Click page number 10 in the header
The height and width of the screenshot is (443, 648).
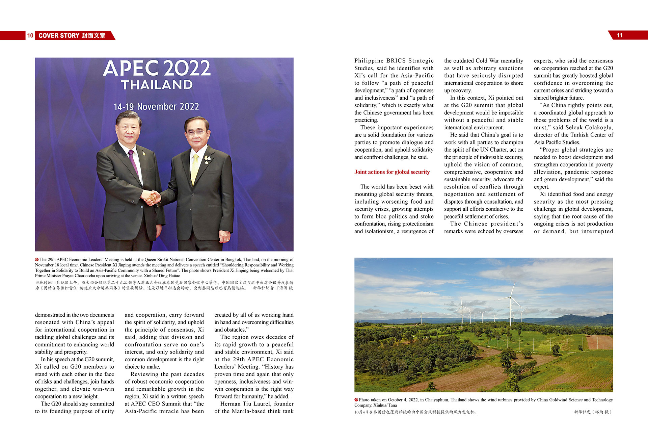30,35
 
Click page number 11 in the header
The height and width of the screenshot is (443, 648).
619,35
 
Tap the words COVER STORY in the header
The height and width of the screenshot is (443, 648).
59,35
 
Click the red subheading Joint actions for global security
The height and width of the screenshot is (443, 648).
392,172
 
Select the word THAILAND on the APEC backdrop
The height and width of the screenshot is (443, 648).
157,84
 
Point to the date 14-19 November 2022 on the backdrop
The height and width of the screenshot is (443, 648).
156,107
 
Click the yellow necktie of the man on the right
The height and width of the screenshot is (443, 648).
195,169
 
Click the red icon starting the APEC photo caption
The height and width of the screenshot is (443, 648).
37,260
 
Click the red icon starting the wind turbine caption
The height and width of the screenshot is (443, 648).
356,400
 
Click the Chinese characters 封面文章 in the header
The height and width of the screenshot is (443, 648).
93,35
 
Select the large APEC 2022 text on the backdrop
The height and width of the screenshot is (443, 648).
157,68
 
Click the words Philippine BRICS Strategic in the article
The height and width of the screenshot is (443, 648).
394,61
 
